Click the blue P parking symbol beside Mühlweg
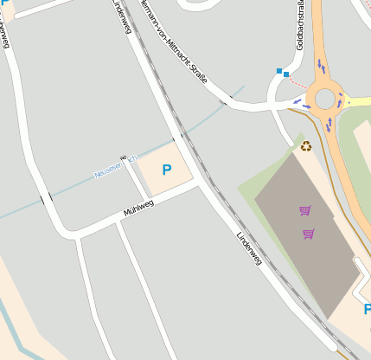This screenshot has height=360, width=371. click(x=166, y=170)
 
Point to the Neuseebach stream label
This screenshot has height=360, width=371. click(x=113, y=168)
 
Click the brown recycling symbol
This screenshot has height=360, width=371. click(x=306, y=146)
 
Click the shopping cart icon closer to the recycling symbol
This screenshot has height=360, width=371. click(x=304, y=210)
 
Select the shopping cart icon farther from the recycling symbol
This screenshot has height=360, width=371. click(x=309, y=234)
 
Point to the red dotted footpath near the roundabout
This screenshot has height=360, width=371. click(x=297, y=82)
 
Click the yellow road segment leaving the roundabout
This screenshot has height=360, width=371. click(x=356, y=100)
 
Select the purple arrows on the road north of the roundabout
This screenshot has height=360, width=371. click(x=321, y=66)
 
